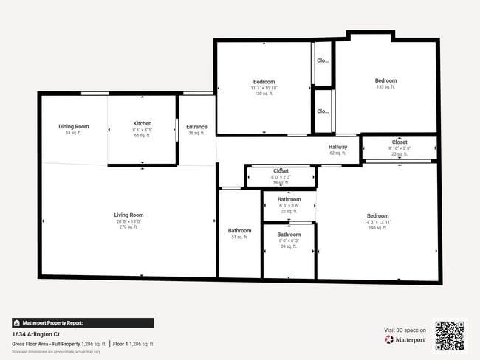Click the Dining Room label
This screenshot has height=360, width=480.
tap(73, 127)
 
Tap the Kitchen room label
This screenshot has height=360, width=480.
tap(143, 124)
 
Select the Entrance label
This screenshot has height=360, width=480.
tap(196, 127)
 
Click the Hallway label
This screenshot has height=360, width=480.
tap(337, 147)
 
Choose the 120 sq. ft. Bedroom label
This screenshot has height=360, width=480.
tap(264, 82)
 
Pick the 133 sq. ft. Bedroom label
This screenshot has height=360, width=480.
tap(385, 81)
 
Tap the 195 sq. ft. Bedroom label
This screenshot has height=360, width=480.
tap(377, 216)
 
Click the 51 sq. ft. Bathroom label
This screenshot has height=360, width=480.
tap(239, 231)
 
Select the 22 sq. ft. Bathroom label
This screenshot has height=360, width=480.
tap(289, 199)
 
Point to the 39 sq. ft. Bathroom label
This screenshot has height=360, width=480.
tap(289, 235)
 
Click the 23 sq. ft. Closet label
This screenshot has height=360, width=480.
tap(400, 142)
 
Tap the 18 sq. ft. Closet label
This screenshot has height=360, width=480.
tap(281, 171)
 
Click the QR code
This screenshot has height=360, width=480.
tap(450, 336)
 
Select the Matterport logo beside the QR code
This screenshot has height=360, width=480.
tap(405, 340)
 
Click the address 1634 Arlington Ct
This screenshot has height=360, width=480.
tap(36, 334)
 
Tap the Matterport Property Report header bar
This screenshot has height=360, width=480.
tap(83, 322)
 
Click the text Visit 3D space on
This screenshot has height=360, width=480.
tap(405, 330)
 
